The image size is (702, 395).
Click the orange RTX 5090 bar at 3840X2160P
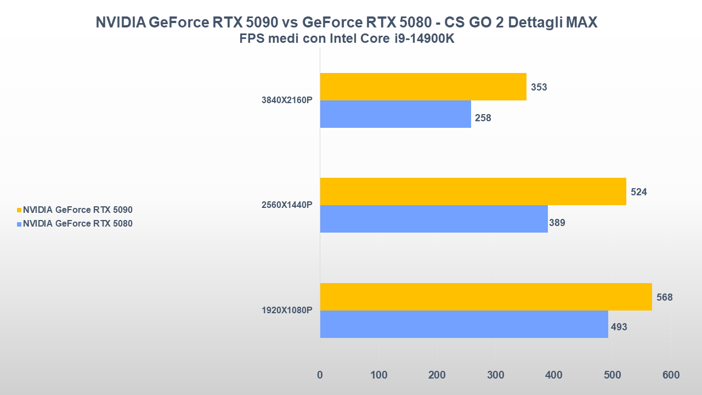click(x=423, y=87)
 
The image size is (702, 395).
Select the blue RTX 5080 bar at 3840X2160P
click(x=395, y=114)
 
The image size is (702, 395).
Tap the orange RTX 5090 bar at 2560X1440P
click(x=473, y=191)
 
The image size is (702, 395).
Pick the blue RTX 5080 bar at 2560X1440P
click(x=434, y=219)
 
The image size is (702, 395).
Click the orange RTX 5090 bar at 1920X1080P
click(x=486, y=297)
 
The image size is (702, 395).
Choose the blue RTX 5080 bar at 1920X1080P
click(x=464, y=324)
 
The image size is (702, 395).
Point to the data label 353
click(x=539, y=87)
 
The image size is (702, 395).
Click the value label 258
click(x=483, y=118)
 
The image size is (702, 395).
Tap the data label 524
click(x=639, y=192)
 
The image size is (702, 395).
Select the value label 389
click(x=557, y=223)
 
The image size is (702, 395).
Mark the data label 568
click(x=664, y=297)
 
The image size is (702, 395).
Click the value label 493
click(x=619, y=327)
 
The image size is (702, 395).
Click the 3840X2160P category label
click(x=287, y=100)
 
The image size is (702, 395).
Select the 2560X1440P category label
click(x=287, y=205)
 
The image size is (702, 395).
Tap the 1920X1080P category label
click(x=287, y=311)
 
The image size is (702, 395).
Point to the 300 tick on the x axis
click(x=495, y=375)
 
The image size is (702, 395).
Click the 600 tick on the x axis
click(x=671, y=375)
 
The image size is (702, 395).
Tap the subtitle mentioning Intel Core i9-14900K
click(x=347, y=39)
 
